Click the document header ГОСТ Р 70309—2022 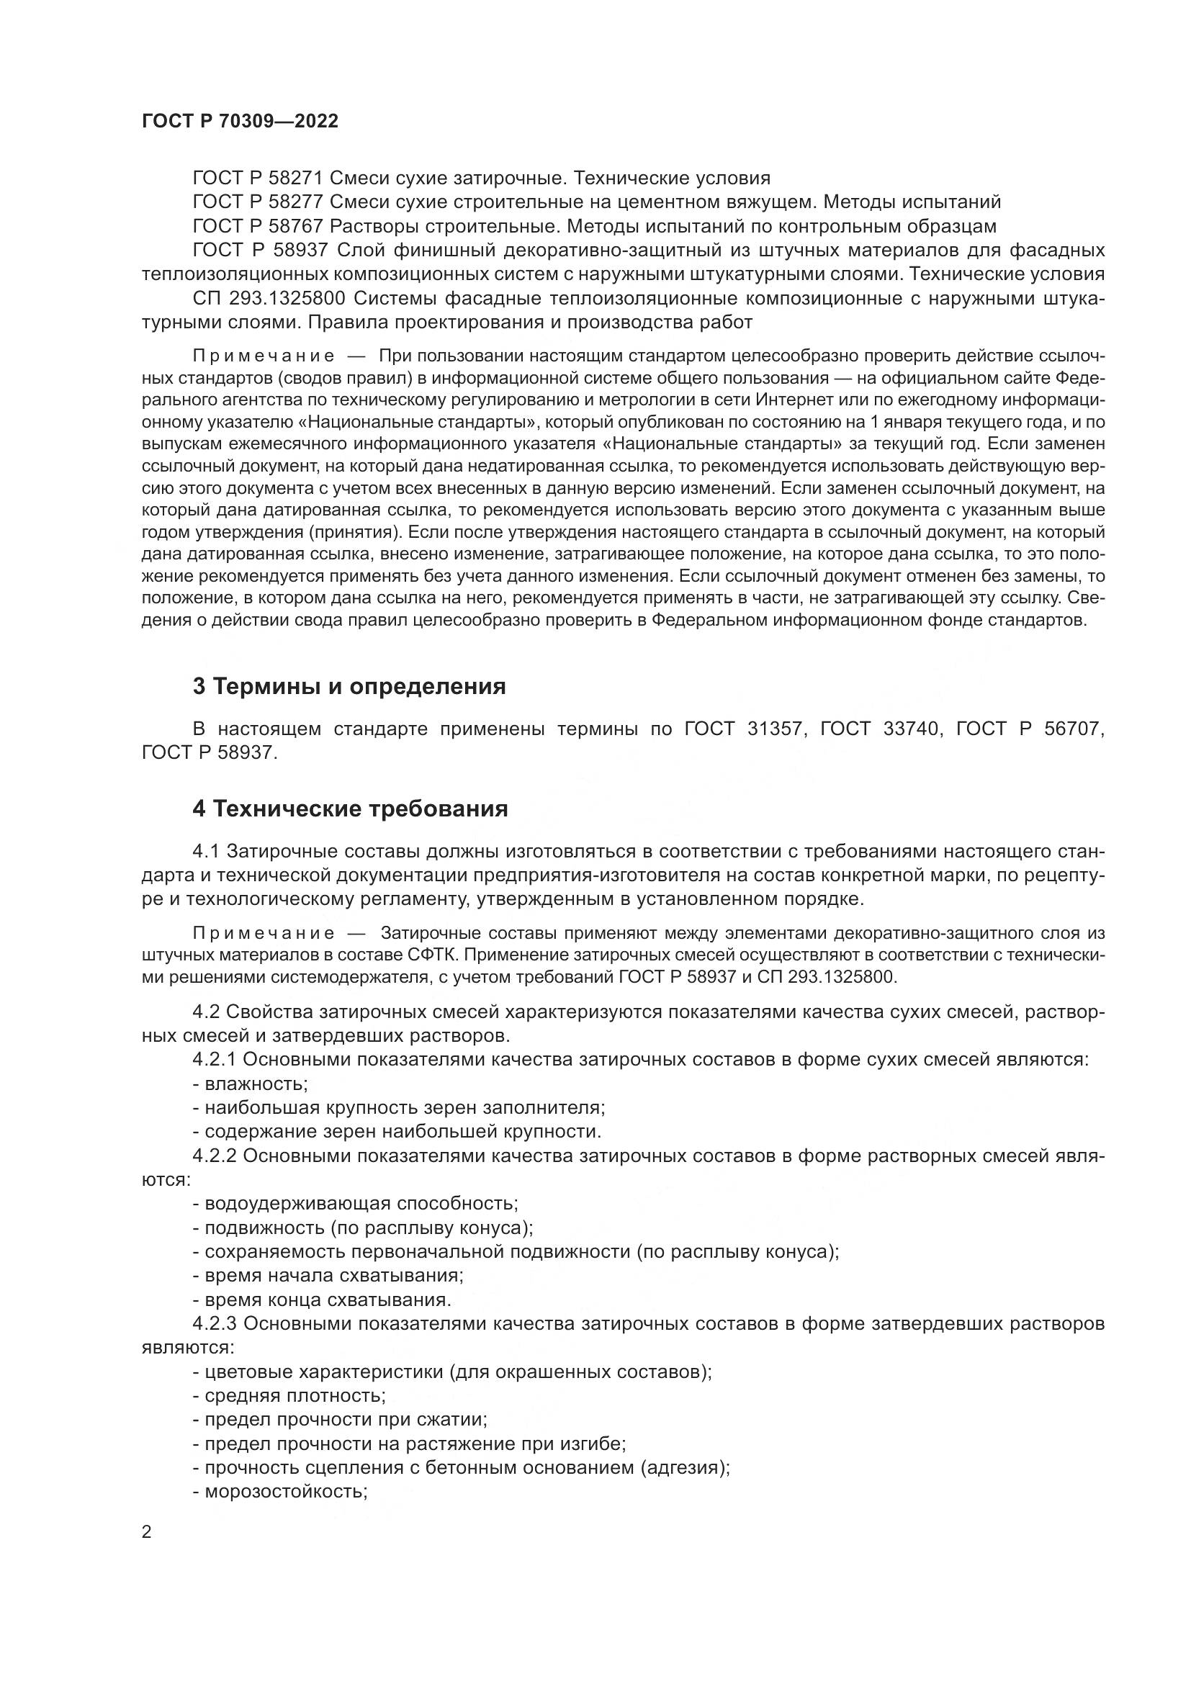click(x=240, y=122)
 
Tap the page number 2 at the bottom click(x=147, y=1532)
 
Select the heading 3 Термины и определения click(x=349, y=687)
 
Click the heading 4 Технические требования click(x=350, y=809)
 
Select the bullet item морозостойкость click(x=280, y=1491)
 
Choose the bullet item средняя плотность click(x=289, y=1395)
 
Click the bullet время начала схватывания click(x=328, y=1275)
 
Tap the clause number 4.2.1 click(x=214, y=1059)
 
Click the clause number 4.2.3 click(x=214, y=1324)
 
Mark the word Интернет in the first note click(x=795, y=400)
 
